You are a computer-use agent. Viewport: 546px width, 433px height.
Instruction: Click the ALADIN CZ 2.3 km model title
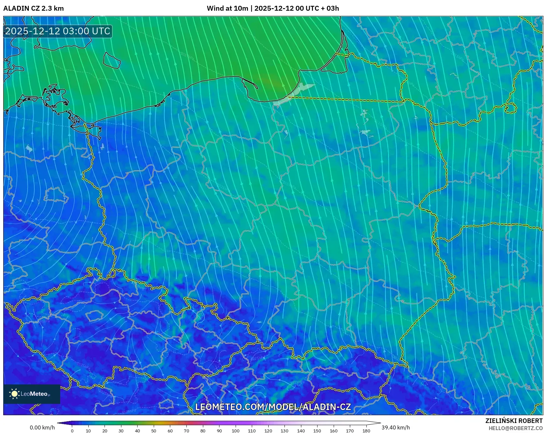[x=34, y=8]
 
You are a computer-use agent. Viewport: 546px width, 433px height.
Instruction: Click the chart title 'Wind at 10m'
[x=227, y=8]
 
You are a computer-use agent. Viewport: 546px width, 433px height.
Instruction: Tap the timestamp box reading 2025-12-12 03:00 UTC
[x=58, y=31]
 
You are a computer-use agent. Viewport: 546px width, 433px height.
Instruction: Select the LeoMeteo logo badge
[x=32, y=394]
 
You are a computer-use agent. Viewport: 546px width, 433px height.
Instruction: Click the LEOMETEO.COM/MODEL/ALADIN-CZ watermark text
[x=273, y=407]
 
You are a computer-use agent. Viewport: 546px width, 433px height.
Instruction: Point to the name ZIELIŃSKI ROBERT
[x=514, y=421]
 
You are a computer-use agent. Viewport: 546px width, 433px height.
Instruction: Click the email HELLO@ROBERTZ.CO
[x=515, y=428]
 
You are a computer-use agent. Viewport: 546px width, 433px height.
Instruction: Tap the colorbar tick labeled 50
[x=154, y=430]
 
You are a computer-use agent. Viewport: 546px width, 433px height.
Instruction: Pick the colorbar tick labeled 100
[x=235, y=430]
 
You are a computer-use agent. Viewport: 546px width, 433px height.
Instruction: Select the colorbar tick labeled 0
[x=72, y=430]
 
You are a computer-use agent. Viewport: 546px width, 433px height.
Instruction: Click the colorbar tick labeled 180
[x=366, y=430]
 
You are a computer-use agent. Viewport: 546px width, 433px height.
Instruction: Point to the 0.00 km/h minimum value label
[x=42, y=427]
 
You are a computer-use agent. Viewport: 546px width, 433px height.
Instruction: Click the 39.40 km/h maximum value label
[x=396, y=427]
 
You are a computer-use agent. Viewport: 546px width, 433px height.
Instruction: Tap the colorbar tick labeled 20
[x=105, y=430]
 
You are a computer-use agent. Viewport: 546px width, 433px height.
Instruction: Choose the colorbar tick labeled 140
[x=301, y=430]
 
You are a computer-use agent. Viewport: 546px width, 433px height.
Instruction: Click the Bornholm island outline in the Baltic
[x=112, y=60]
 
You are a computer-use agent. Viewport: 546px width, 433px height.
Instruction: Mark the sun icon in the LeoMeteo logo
[x=14, y=394]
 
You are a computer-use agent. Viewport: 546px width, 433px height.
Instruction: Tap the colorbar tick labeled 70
[x=186, y=430]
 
